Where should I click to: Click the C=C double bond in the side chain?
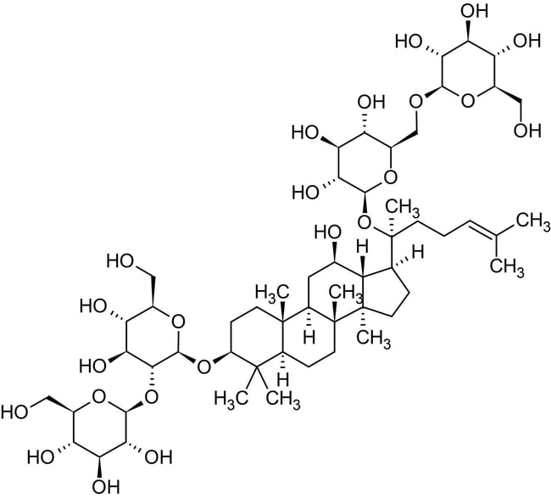483,228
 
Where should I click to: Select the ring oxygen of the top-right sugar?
467,101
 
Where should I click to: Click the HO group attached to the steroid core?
328,232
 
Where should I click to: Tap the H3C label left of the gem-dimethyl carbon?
230,399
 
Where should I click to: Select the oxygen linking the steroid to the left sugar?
203,367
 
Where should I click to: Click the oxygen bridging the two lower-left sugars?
152,397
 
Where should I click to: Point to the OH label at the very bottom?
105,488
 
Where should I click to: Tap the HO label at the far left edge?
14,411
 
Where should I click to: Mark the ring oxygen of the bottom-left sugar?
98,397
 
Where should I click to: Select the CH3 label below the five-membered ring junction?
374,339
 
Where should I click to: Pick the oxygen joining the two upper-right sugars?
415,102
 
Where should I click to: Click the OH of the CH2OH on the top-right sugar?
527,131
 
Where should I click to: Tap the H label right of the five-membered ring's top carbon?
417,253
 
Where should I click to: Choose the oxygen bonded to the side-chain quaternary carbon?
365,221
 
